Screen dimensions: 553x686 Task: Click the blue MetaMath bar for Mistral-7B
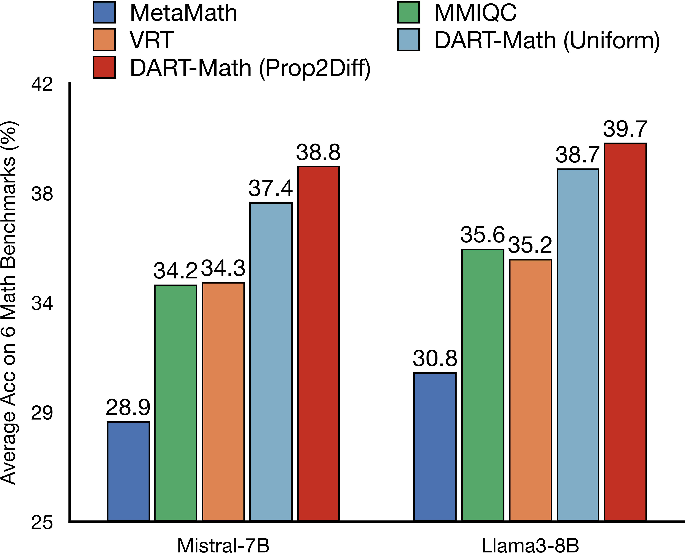click(128, 471)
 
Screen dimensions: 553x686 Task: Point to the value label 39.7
click(625, 129)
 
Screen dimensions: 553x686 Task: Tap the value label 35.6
click(482, 235)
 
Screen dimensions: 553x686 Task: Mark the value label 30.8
click(435, 358)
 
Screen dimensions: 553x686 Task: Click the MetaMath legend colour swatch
click(104, 12)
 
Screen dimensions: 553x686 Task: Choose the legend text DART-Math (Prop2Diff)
click(250, 68)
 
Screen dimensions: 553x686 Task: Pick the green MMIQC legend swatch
click(408, 12)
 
